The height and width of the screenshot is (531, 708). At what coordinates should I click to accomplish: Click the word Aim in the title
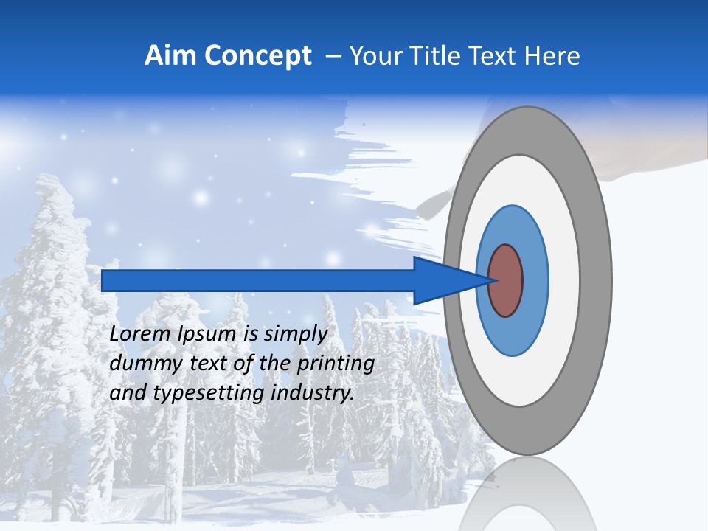click(x=170, y=55)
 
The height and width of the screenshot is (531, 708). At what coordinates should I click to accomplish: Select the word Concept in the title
click(x=257, y=56)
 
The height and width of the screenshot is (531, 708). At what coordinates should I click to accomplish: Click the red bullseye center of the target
click(x=505, y=280)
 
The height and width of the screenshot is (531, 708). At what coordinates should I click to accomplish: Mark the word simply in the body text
click(x=295, y=335)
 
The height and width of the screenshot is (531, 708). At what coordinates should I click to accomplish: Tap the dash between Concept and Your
click(x=333, y=56)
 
